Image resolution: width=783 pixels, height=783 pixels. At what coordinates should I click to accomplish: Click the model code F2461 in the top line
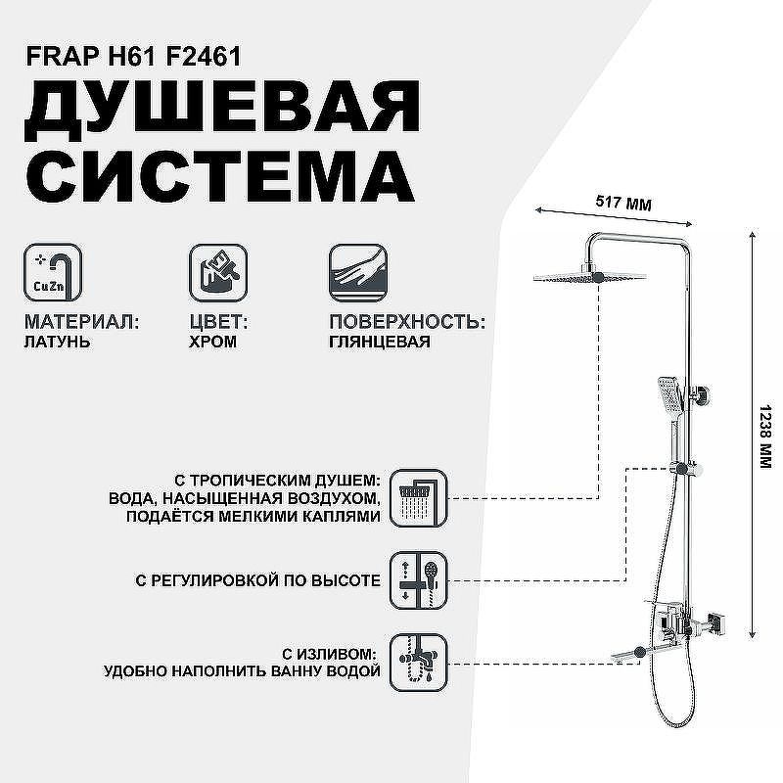(x=204, y=56)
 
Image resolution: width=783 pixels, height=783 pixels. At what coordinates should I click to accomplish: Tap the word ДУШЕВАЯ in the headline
(x=223, y=109)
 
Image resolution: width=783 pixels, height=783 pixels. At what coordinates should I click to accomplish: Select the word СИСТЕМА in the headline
(x=220, y=176)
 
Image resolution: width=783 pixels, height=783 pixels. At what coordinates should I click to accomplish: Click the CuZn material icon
(x=53, y=273)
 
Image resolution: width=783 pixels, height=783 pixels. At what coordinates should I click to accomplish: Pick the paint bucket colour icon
(x=218, y=273)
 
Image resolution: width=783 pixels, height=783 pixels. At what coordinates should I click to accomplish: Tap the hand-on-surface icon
(x=358, y=273)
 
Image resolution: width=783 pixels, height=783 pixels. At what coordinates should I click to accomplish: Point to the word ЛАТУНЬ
(x=57, y=342)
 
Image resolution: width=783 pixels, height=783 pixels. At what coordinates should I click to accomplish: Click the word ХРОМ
(x=212, y=342)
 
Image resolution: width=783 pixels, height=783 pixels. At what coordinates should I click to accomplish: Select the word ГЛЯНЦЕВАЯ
(x=380, y=342)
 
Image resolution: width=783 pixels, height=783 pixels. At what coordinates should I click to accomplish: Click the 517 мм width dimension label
(x=623, y=204)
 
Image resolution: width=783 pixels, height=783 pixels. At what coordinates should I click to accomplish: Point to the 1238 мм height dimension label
(x=765, y=437)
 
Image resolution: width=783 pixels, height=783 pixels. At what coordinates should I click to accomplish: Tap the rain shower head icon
(x=419, y=498)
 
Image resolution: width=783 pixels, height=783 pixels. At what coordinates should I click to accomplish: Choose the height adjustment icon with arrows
(x=419, y=580)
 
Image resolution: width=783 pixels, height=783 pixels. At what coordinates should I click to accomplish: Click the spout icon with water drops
(x=419, y=663)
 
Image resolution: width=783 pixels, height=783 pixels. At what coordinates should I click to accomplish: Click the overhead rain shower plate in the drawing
(x=590, y=277)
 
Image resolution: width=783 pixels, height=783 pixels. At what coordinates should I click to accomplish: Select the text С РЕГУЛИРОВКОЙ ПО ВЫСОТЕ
(x=257, y=580)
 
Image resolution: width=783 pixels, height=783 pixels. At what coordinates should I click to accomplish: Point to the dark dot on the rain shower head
(x=599, y=278)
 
